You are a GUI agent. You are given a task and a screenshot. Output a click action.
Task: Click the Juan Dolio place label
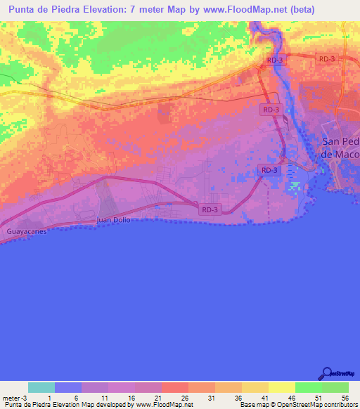(x=113, y=220)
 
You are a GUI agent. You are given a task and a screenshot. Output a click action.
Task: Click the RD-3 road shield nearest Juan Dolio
(x=210, y=209)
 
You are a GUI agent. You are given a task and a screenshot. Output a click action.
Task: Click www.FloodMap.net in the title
(x=247, y=10)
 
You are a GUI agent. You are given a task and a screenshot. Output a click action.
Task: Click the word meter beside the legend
(x=11, y=398)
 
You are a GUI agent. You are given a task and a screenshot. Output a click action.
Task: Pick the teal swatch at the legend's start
(x=41, y=387)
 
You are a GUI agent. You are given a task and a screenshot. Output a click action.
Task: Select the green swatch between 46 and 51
(x=308, y=387)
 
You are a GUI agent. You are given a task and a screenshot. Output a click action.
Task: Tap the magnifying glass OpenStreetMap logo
(x=327, y=372)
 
